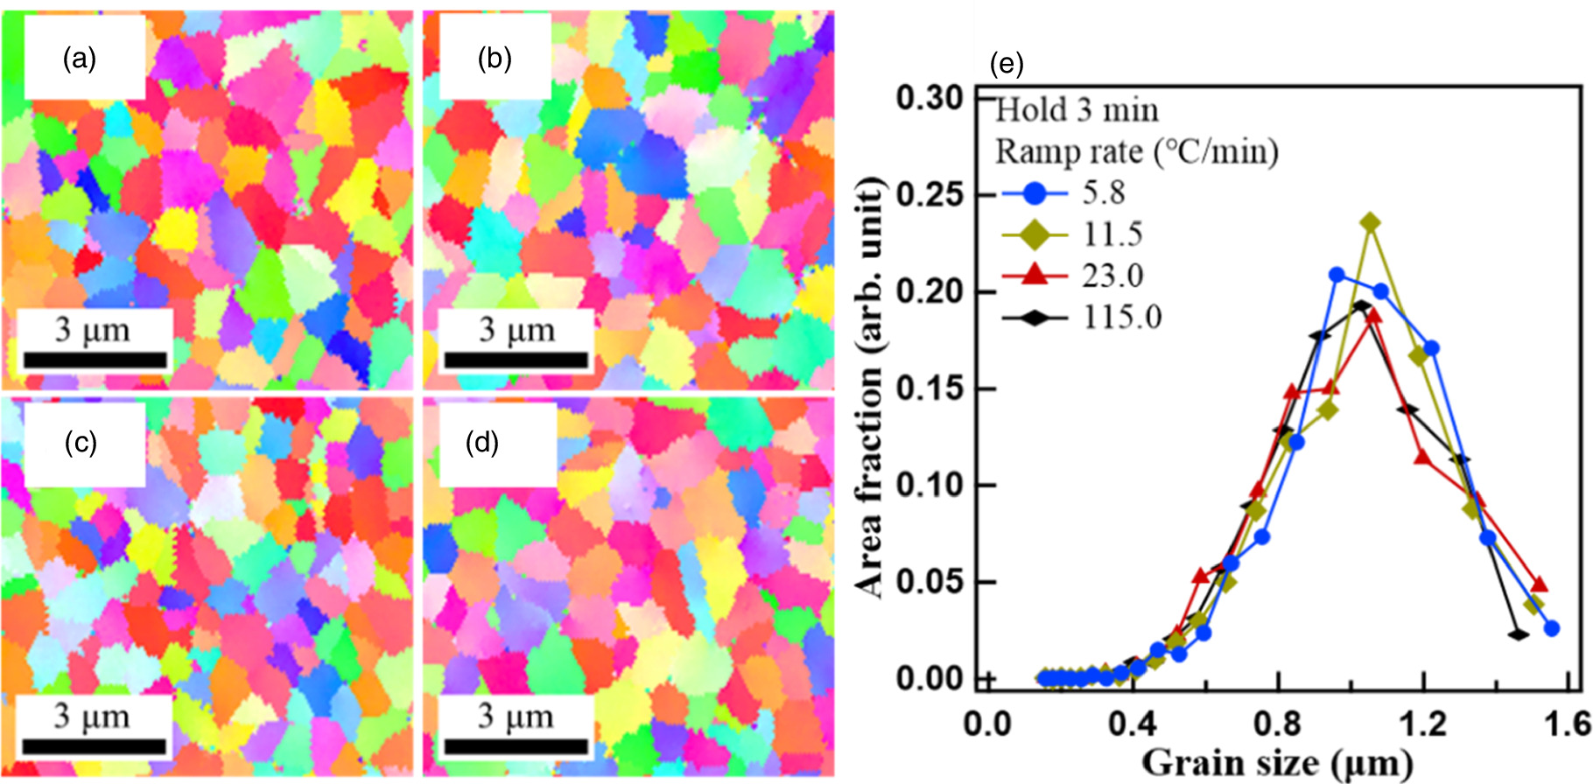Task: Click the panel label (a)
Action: (80, 59)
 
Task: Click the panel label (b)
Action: (495, 59)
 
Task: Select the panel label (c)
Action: (81, 444)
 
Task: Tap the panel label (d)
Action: (481, 444)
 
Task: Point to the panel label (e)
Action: (1006, 64)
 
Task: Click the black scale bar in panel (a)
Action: (95, 360)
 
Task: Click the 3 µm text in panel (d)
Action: (516, 717)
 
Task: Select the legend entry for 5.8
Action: (1103, 192)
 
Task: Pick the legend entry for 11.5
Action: (1112, 234)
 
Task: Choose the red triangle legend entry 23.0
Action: (1112, 276)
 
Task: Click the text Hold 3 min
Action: (1077, 111)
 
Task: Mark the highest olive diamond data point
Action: (1371, 223)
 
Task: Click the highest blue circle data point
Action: (1337, 275)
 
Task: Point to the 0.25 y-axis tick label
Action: (930, 194)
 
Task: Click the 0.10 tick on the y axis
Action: (930, 485)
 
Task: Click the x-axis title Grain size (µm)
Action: (1277, 763)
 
